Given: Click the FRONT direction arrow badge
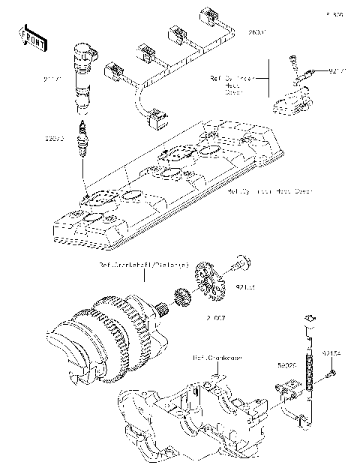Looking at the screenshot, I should click(29, 38).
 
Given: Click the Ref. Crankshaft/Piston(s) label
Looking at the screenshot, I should click(144, 265).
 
